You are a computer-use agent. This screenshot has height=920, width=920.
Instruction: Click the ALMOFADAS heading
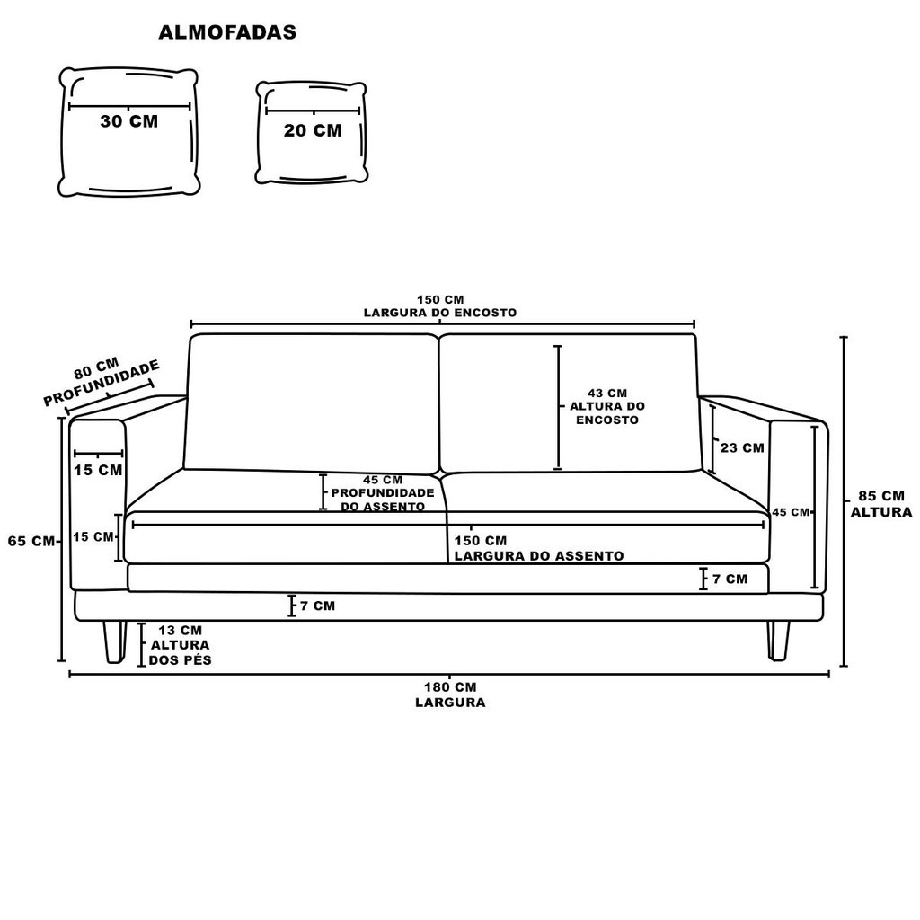227,32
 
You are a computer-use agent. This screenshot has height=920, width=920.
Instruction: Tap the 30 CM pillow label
128,121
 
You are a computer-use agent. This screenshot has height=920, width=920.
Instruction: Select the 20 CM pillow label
313,130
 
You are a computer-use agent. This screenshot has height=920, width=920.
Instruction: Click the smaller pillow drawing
312,132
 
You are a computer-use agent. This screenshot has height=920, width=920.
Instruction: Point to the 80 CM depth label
96,367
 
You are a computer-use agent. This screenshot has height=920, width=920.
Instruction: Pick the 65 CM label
31,541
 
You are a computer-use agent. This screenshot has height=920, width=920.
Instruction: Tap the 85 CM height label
880,496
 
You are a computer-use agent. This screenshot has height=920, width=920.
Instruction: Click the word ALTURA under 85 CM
880,512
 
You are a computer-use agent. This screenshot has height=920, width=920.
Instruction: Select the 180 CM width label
449,687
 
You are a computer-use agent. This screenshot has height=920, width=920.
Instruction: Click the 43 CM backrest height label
607,393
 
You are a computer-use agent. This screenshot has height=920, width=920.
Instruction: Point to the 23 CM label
742,447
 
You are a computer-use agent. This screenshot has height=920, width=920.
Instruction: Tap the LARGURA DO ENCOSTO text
440,313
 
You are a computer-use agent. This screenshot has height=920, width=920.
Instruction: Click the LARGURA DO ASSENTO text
538,556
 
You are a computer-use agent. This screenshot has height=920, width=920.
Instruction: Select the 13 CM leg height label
180,631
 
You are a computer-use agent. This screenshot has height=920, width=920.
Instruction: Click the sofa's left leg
114,641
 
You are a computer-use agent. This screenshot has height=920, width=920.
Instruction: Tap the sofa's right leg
778,640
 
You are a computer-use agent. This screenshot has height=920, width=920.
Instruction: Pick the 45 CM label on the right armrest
791,512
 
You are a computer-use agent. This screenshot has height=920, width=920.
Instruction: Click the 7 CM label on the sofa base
317,606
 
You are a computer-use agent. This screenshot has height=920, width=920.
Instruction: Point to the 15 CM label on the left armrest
98,470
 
